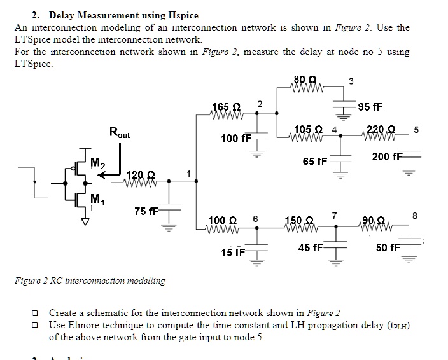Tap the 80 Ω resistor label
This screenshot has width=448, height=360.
coord(305,80)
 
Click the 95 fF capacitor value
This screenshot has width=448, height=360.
coord(370,106)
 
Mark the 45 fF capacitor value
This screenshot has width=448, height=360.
coord(310,247)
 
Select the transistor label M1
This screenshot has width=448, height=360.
coord(97,197)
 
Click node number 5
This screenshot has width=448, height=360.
coord(416,130)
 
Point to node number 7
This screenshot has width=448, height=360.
coord(335,215)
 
